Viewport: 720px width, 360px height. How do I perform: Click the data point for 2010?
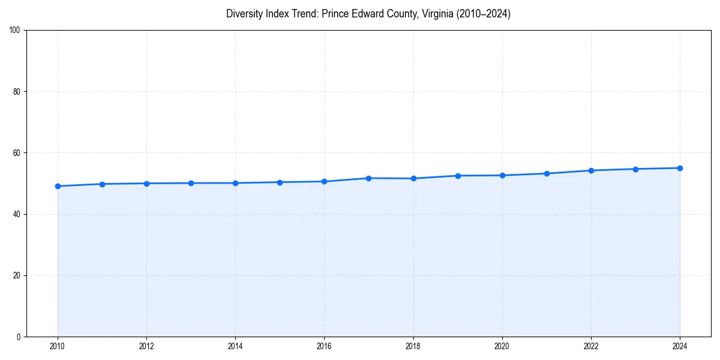58,186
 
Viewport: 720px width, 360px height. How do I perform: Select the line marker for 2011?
102,184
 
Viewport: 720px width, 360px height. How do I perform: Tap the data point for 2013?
191,183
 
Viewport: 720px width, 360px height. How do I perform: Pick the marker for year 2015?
280,182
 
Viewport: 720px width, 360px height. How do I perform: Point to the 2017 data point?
368,178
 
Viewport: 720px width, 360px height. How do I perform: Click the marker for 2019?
458,176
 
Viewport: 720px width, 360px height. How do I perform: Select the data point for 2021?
547,173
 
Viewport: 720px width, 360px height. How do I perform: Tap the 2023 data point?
635,169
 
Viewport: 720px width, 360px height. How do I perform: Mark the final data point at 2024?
680,168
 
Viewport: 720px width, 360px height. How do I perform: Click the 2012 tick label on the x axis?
146,346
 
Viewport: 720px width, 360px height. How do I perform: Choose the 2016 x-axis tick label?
324,346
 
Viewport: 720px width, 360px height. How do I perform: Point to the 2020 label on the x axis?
502,346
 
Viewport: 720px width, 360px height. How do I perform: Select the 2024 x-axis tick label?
680,346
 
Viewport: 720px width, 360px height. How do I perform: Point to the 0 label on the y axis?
19,337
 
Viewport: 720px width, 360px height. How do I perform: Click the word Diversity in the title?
244,14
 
